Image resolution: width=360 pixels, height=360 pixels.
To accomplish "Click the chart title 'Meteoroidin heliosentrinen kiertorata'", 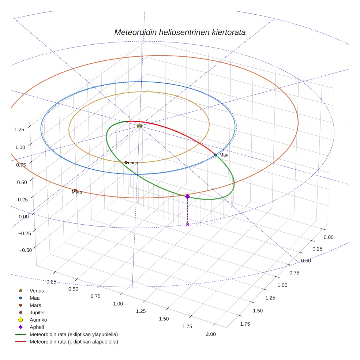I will (x=180, y=32).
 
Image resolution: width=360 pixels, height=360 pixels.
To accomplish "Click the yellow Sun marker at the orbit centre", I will (x=139, y=126).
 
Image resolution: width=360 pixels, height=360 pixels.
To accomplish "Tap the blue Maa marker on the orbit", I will (x=215, y=155).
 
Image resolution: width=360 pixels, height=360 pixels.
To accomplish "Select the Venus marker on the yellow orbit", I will (x=126, y=162).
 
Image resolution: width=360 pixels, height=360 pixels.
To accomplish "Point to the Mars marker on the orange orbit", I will (x=75, y=190).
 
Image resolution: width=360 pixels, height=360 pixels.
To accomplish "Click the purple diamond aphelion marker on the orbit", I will (x=187, y=197).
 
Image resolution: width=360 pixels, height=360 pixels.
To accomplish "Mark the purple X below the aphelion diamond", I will (x=187, y=224).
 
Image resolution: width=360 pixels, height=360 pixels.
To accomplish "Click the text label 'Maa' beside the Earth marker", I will (x=224, y=155).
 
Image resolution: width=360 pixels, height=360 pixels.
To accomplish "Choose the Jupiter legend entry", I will (x=37, y=312).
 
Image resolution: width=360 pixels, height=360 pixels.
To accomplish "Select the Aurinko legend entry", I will (x=38, y=320).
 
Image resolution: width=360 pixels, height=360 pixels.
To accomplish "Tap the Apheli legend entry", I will (x=37, y=327).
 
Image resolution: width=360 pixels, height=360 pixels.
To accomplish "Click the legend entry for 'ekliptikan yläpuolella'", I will (x=74, y=334).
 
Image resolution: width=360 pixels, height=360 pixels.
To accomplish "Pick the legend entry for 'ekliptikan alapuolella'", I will (x=74, y=342).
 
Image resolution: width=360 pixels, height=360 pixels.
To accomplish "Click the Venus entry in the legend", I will (x=37, y=290).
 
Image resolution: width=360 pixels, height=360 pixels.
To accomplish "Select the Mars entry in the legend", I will (x=35, y=305).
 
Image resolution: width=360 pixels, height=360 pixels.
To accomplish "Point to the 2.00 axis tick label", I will (x=211, y=334).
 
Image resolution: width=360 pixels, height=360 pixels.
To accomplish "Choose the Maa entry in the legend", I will (x=34, y=298).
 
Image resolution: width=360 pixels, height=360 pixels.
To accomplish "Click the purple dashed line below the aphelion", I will (x=187, y=211).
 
